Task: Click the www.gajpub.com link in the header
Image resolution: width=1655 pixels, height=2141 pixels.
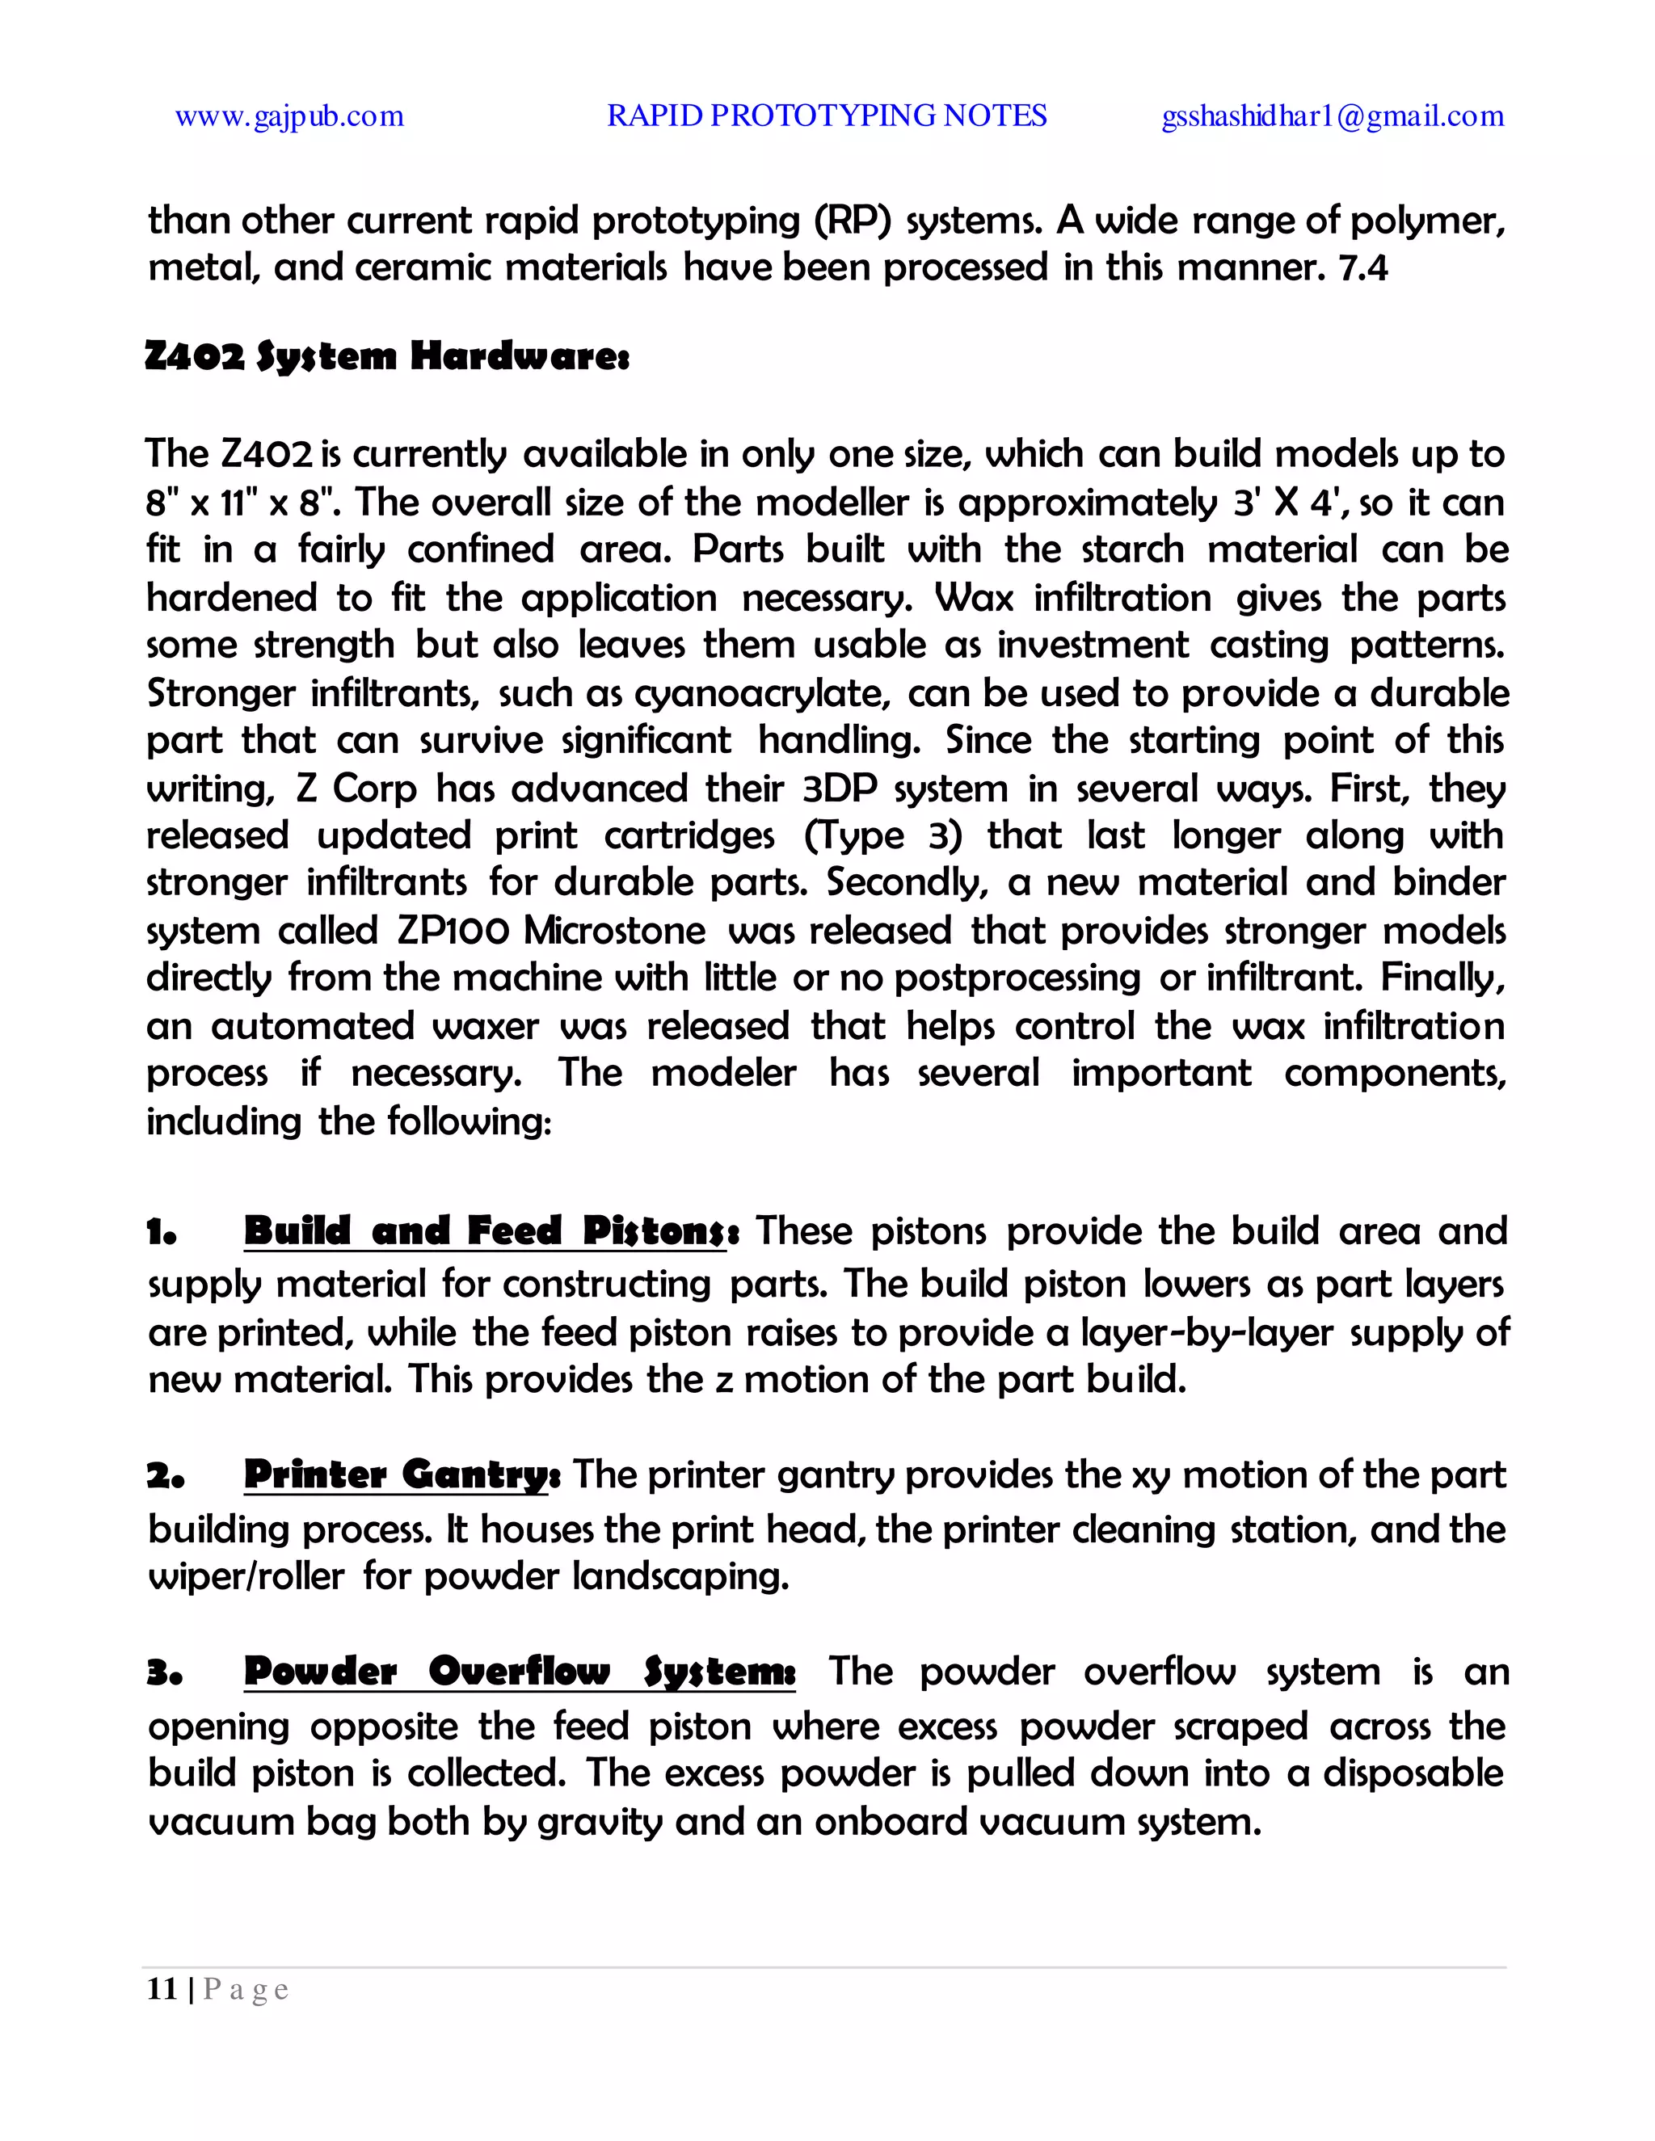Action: [289, 116]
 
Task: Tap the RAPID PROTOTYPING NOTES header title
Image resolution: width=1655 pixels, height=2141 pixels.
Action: [827, 116]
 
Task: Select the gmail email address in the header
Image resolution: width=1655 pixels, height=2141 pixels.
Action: [1333, 116]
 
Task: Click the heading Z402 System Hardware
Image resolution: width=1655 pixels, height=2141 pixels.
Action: [387, 355]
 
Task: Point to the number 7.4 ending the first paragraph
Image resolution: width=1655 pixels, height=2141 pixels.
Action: [1362, 267]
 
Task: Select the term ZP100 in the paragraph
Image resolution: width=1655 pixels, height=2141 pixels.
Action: [453, 930]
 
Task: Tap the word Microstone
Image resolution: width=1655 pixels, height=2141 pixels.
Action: [615, 930]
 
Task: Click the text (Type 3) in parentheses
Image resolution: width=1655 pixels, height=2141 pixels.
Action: [883, 835]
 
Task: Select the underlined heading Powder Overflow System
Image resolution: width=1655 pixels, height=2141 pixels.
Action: [520, 1672]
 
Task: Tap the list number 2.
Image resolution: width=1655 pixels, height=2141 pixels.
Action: [165, 1476]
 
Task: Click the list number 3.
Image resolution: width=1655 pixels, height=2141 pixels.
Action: [165, 1673]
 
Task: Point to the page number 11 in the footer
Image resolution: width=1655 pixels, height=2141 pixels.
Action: [162, 1989]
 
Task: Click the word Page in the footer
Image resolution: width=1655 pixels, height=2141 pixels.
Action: [246, 1990]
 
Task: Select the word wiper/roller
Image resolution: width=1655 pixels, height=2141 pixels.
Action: [246, 1577]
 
